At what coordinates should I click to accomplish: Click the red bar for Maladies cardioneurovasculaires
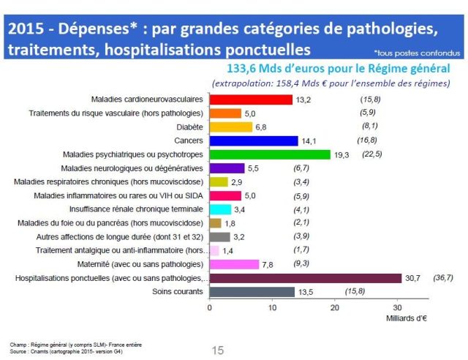[251, 100]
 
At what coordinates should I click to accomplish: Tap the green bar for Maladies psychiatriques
[270, 155]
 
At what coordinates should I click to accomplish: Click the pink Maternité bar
[234, 264]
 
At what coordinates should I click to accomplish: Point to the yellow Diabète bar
[231, 127]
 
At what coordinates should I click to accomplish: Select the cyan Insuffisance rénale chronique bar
[220, 209]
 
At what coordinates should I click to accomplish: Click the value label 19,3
[343, 155]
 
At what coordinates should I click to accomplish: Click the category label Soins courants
[178, 292]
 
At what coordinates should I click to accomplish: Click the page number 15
[218, 350]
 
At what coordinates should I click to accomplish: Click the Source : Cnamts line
[55, 350]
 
